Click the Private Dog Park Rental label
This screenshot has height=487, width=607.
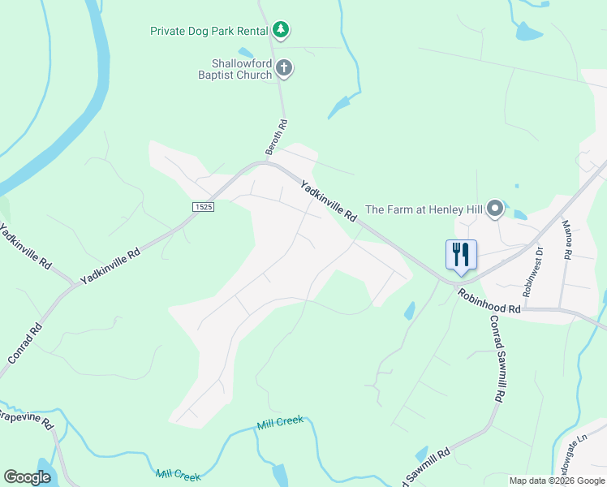pyautogui.click(x=209, y=31)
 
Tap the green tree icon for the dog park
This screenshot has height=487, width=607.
pyautogui.click(x=281, y=30)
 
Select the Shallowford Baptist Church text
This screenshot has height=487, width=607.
pyautogui.click(x=241, y=69)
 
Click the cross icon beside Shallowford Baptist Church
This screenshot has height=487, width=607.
pyautogui.click(x=284, y=68)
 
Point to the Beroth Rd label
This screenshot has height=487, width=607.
pyautogui.click(x=277, y=137)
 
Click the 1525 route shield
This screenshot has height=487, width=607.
pyautogui.click(x=204, y=208)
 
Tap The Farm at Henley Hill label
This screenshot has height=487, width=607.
pyautogui.click(x=424, y=209)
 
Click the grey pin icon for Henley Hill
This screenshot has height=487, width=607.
pyautogui.click(x=495, y=210)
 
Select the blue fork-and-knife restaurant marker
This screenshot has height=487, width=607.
pyautogui.click(x=461, y=254)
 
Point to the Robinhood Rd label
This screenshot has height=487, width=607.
pyautogui.click(x=488, y=300)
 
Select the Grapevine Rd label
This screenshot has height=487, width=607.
pyautogui.click(x=24, y=420)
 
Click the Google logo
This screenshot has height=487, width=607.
pyautogui.click(x=27, y=477)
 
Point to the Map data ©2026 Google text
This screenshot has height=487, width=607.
pyautogui.click(x=557, y=481)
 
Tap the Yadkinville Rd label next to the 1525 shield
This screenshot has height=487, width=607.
pyautogui.click(x=110, y=265)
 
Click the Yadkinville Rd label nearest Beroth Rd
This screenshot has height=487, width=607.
pyautogui.click(x=329, y=201)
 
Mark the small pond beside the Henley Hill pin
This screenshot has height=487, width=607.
pyautogui.click(x=519, y=215)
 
